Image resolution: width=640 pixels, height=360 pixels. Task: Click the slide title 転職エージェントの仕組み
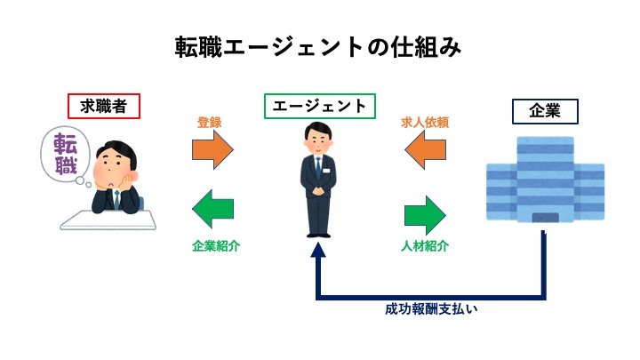pyautogui.click(x=319, y=46)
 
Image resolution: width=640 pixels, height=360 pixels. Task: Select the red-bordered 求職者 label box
pyautogui.click(x=104, y=107)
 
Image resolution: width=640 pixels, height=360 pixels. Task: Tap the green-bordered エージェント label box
pyautogui.click(x=319, y=106)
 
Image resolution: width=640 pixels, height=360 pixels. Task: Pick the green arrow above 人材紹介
pyautogui.click(x=425, y=214)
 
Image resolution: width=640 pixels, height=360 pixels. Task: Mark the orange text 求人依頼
pyautogui.click(x=426, y=124)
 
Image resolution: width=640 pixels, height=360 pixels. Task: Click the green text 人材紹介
pyautogui.click(x=424, y=246)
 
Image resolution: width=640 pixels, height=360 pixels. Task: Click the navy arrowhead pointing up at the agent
pyautogui.click(x=318, y=252)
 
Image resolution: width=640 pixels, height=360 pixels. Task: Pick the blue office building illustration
pyautogui.click(x=545, y=182)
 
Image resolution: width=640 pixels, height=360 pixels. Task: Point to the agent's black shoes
pyautogui.click(x=318, y=233)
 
